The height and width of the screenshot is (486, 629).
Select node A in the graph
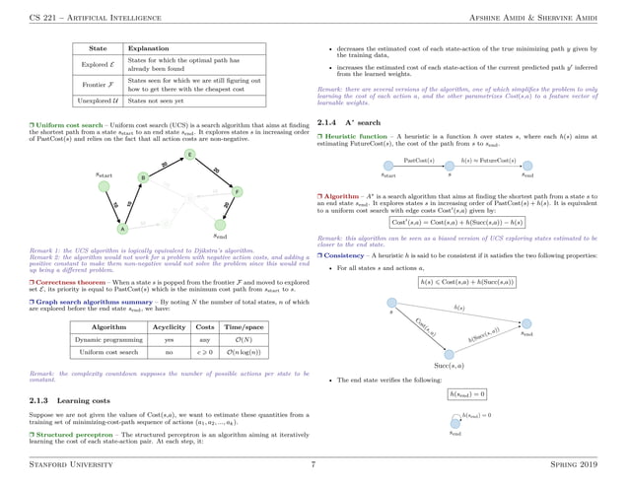pos(121,229)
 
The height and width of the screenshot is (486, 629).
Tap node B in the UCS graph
pos(143,177)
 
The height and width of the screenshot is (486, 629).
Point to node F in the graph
pos(238,190)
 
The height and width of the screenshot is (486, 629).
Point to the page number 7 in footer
pos(313,463)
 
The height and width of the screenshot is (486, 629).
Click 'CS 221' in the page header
pos(43,10)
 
